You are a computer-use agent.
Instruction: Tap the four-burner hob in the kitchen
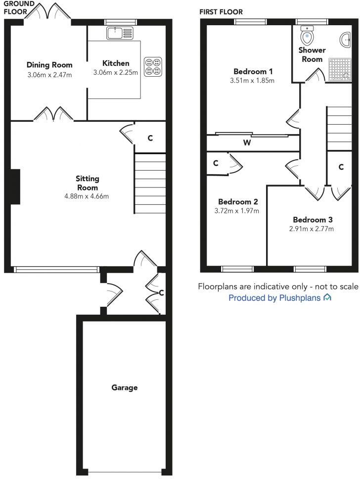click(152, 67)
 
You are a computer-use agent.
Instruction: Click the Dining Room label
click(49, 65)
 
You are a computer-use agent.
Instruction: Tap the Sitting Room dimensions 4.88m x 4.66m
click(87, 196)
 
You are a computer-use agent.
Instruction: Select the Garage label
click(124, 387)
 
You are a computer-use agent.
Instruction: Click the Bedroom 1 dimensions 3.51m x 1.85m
click(252, 80)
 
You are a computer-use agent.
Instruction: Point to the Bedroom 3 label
click(313, 220)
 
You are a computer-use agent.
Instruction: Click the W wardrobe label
click(247, 143)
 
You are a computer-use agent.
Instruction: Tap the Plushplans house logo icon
click(327, 298)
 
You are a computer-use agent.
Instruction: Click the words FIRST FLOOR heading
click(221, 12)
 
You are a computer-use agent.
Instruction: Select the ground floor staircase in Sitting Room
click(150, 183)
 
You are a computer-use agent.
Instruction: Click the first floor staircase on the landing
click(339, 127)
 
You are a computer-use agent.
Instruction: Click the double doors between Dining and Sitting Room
click(53, 114)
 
